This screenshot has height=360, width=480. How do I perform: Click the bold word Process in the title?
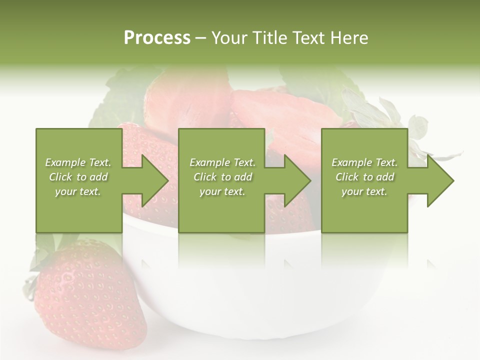(x=157, y=38)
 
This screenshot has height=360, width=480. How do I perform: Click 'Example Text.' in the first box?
(x=78, y=162)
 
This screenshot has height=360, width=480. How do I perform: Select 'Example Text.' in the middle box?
(x=222, y=162)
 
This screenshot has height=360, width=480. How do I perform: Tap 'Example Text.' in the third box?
(x=364, y=162)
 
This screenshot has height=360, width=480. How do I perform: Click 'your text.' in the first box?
(x=78, y=191)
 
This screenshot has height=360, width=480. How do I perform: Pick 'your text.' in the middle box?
(x=222, y=191)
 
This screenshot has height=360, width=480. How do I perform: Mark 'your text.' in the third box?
(x=364, y=191)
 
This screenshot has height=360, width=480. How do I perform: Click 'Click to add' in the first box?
(x=78, y=177)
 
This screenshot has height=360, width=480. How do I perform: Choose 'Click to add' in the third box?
(x=364, y=177)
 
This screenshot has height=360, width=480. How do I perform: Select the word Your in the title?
(x=228, y=38)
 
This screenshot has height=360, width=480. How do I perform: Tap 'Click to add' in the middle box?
(x=222, y=177)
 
